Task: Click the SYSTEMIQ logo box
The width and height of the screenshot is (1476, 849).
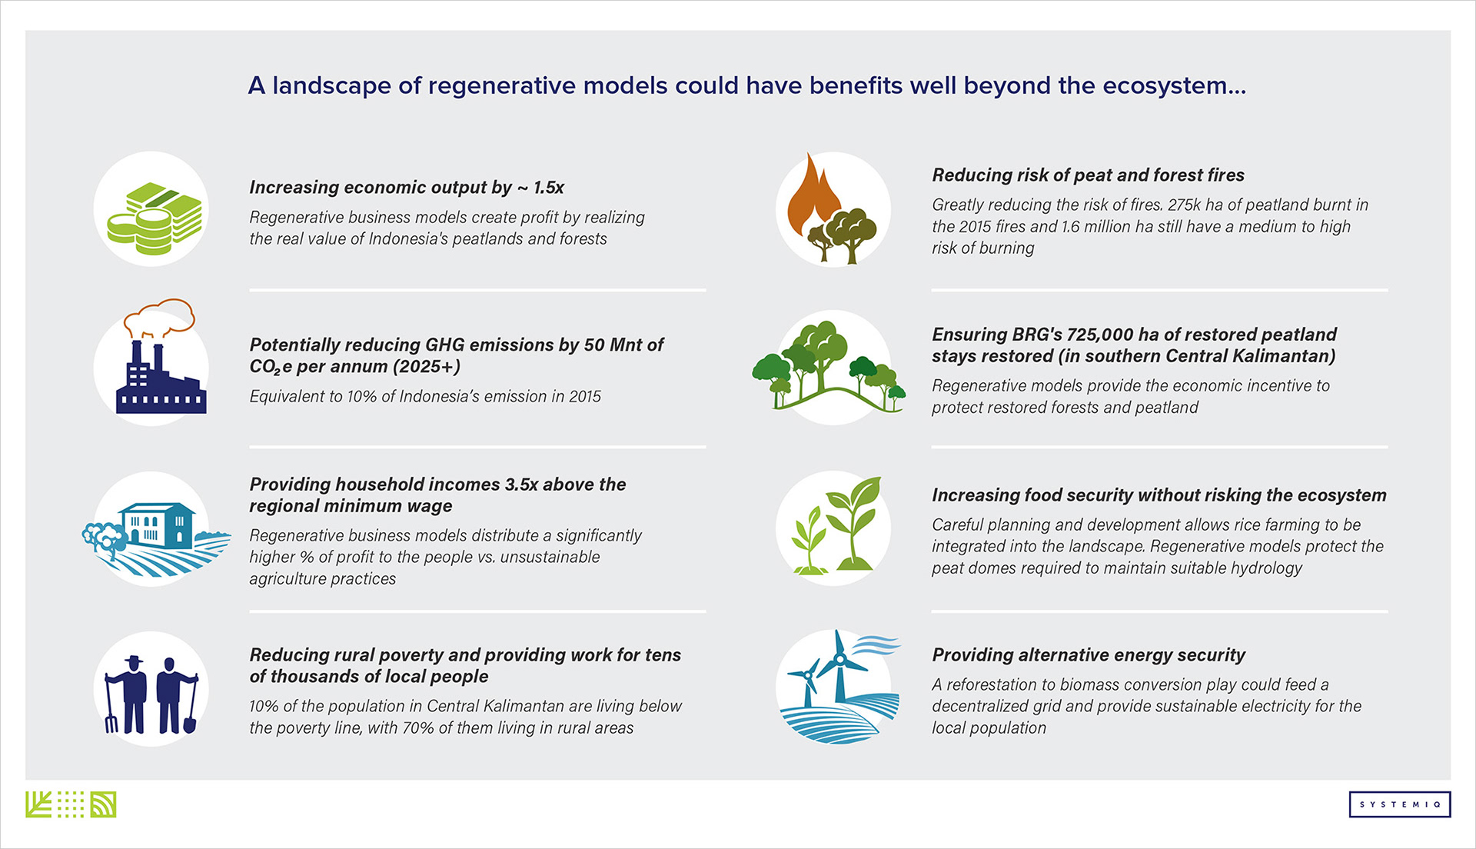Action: (x=1399, y=804)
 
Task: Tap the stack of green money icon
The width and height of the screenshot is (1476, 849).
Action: (x=155, y=218)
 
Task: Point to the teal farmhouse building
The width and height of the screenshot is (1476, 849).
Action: (x=157, y=525)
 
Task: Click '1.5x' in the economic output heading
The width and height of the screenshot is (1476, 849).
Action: (x=549, y=188)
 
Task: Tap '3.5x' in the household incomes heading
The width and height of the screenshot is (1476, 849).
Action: (x=521, y=484)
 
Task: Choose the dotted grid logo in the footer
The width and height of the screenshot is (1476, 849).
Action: (x=71, y=804)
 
